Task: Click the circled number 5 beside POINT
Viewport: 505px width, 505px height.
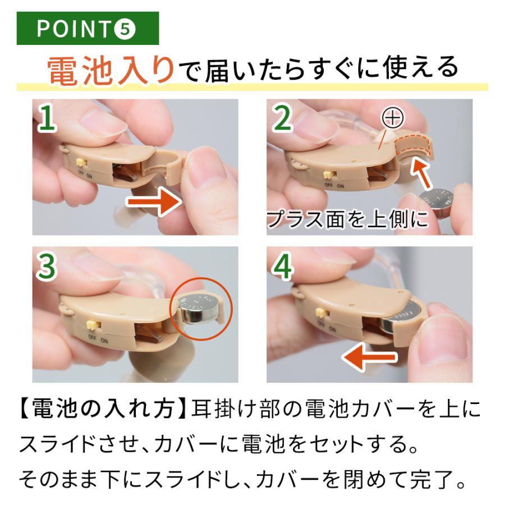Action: pyautogui.click(x=125, y=29)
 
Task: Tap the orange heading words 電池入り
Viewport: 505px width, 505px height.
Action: pyautogui.click(x=111, y=70)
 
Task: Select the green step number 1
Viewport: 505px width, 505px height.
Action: pyautogui.click(x=47, y=118)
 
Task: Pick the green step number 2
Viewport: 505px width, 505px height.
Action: pyautogui.click(x=283, y=118)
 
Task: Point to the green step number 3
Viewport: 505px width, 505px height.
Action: pyautogui.click(x=47, y=267)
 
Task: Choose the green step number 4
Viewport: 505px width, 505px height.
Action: pyautogui.click(x=283, y=267)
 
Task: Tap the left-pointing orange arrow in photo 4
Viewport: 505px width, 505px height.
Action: pyautogui.click(x=369, y=357)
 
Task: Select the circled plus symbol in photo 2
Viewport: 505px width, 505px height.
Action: pyautogui.click(x=393, y=118)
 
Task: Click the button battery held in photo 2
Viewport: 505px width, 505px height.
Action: pyautogui.click(x=437, y=202)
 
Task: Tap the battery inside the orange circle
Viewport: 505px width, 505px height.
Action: pyautogui.click(x=197, y=308)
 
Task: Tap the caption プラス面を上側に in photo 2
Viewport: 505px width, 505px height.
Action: pyautogui.click(x=348, y=219)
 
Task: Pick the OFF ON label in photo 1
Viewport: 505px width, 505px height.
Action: pyautogui.click(x=85, y=175)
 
